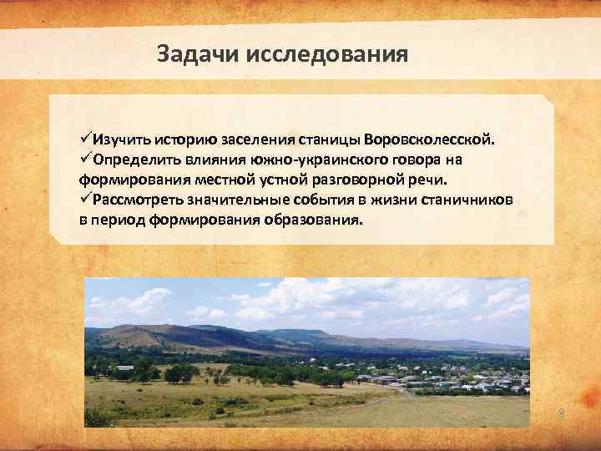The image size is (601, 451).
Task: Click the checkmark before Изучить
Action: point(85,138)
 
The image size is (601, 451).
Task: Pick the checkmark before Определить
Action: point(85,159)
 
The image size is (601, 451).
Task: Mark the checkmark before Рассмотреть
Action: point(85,200)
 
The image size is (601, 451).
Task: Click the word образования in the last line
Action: point(313,221)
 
